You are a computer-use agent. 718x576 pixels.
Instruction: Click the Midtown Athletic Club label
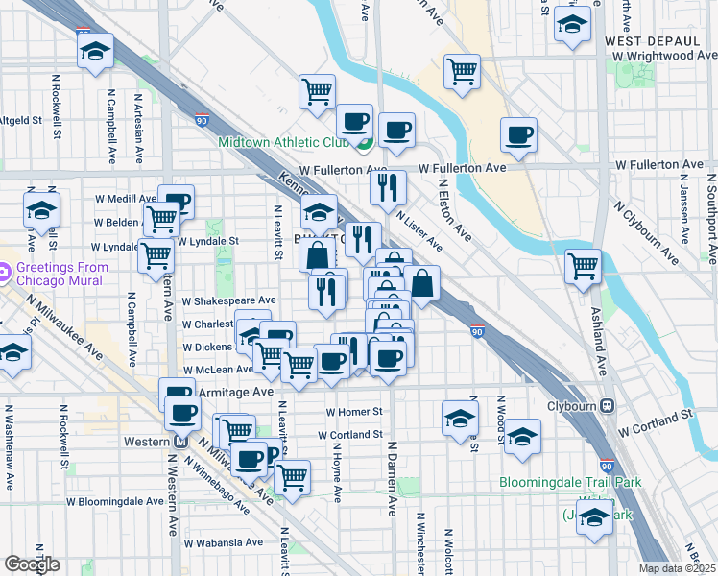(x=283, y=142)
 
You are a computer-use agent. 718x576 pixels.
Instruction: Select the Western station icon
(x=179, y=443)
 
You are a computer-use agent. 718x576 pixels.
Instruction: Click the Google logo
(x=32, y=564)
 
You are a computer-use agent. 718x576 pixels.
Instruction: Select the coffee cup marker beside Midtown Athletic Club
(x=354, y=122)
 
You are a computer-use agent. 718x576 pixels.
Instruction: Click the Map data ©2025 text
(x=678, y=568)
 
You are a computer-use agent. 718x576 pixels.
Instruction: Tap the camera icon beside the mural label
(x=5, y=272)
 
